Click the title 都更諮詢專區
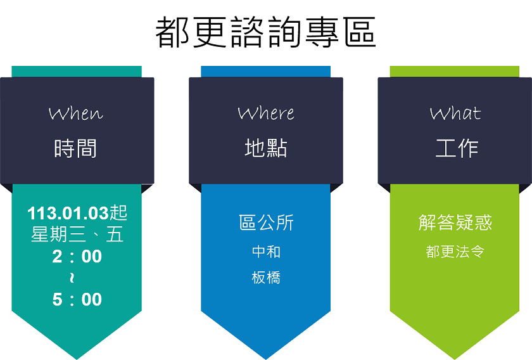[265, 32]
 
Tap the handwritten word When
[76, 113]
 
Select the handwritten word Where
[266, 113]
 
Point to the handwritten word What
[455, 113]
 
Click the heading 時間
[75, 148]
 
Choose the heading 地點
[266, 148]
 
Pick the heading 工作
[457, 148]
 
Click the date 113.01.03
[68, 214]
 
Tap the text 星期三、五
[77, 235]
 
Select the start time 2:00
[77, 257]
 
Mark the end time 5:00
[77, 300]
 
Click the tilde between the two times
[72, 278]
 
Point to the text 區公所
[266, 223]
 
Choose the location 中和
[266, 252]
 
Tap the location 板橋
[266, 278]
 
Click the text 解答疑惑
[455, 223]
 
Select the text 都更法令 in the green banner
[455, 252]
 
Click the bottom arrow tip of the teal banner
[77, 359]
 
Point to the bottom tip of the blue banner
[265, 359]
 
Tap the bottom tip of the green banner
[455, 359]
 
